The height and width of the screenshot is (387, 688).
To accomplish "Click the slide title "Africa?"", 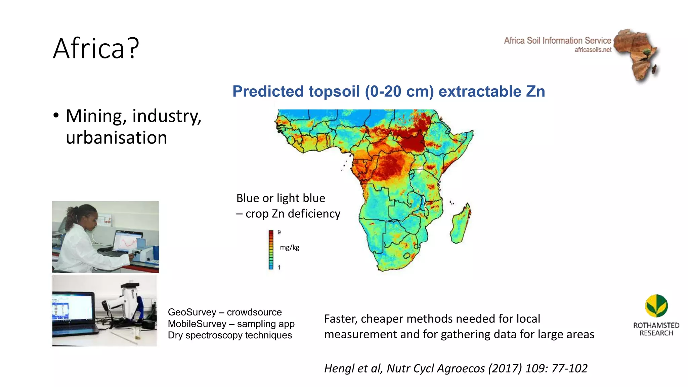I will click(96, 48).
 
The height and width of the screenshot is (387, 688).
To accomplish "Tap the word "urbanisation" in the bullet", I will click(116, 138).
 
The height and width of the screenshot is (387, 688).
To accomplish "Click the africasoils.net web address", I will click(593, 50).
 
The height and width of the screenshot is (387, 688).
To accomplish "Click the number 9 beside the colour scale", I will click(279, 232).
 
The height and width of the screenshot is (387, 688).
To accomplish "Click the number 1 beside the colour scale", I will click(279, 267).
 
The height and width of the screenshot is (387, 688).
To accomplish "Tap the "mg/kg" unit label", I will click(290, 248).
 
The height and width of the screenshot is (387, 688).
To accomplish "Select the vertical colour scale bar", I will click(271, 250).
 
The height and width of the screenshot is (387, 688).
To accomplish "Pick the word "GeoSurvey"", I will click(192, 312).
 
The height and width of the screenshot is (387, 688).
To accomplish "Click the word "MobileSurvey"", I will click(197, 324).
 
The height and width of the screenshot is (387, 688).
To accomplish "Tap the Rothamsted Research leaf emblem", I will click(656, 306).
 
